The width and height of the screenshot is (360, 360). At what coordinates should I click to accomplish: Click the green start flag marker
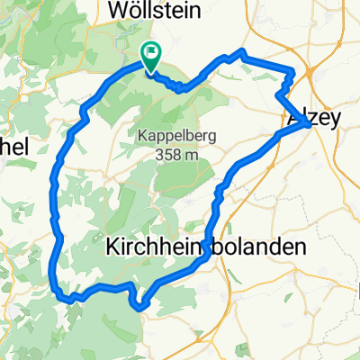click(x=150, y=57)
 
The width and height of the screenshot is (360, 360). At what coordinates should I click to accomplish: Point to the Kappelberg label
click(x=176, y=138)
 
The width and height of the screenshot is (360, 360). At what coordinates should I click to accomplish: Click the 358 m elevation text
click(x=176, y=155)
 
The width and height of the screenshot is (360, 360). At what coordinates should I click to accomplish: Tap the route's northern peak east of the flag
click(x=240, y=51)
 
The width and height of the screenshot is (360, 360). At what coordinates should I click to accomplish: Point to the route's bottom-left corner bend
click(x=60, y=293)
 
